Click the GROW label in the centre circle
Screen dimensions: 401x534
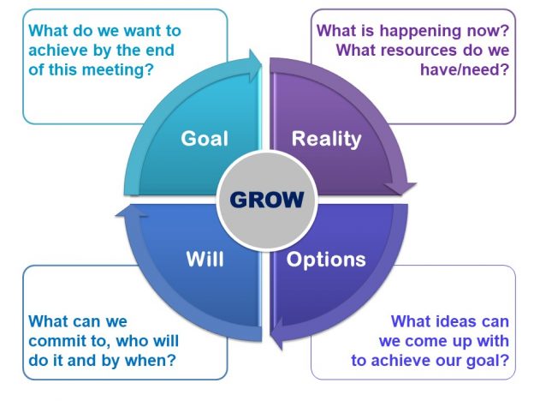(x=266, y=200)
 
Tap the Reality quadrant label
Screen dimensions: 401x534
(x=326, y=139)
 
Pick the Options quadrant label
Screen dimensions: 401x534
(x=326, y=259)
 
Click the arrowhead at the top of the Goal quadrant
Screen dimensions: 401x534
(x=254, y=62)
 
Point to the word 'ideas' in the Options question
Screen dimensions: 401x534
(x=447, y=322)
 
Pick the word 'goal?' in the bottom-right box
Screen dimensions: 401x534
(x=490, y=360)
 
